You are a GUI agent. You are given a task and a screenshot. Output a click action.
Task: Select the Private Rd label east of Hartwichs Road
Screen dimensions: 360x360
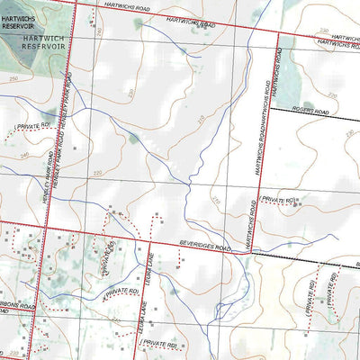pos(277,197)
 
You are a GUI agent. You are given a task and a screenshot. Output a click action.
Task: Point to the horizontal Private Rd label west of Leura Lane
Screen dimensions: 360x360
pos(121,292)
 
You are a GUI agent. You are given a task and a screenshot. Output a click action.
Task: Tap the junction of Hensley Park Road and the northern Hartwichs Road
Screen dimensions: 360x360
pos(74,3)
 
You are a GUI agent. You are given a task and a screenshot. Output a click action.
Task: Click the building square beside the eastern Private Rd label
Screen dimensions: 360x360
pos(299,197)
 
